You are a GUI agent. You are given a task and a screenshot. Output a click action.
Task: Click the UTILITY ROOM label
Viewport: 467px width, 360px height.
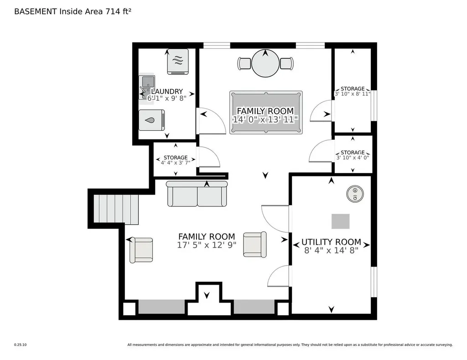[331, 242]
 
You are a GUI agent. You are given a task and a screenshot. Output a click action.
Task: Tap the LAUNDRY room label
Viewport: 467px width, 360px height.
[167, 91]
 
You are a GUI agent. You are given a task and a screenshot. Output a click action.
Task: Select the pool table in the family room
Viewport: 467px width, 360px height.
[266, 113]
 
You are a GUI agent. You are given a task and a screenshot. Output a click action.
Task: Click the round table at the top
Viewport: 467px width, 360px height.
[266, 64]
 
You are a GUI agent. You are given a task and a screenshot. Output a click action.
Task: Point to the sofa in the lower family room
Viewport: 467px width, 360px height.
[197, 194]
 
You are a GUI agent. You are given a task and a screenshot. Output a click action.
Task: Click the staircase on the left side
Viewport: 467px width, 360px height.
[116, 209]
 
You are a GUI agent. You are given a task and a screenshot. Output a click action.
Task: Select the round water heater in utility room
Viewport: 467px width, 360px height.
[355, 194]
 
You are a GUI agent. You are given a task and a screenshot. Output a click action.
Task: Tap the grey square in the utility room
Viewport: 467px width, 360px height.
[341, 221]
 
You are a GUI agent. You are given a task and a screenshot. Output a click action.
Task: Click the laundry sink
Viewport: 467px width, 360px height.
[147, 88]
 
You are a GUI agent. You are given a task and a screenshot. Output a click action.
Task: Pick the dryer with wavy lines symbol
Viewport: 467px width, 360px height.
[178, 62]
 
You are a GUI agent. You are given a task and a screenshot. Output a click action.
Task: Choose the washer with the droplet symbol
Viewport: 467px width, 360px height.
[152, 120]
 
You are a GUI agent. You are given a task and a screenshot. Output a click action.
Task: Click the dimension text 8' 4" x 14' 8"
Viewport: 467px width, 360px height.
[331, 251]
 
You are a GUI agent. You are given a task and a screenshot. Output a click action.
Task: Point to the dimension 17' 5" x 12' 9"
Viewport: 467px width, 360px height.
[207, 245]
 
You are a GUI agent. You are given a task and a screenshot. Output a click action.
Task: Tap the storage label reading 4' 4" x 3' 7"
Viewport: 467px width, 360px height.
[176, 163]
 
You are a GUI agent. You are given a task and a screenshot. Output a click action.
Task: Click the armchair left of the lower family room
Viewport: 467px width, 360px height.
[141, 250]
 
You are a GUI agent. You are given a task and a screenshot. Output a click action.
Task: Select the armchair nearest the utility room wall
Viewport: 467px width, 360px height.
[255, 244]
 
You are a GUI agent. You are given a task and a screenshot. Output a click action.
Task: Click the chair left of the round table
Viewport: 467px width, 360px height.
[244, 63]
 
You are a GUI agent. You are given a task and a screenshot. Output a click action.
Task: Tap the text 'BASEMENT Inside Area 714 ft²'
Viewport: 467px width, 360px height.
[73, 11]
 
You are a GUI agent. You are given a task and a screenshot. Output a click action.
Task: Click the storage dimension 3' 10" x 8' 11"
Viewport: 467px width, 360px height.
[353, 94]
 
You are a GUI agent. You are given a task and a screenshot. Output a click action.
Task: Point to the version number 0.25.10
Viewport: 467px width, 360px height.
[20, 345]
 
